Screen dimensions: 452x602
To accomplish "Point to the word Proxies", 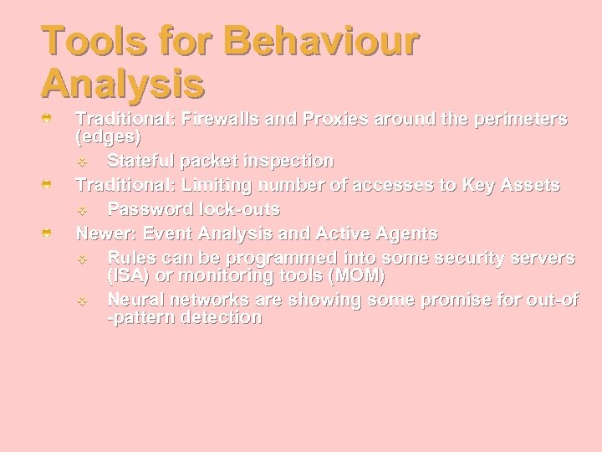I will [x=338, y=119].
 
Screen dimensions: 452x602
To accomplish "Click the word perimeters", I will [x=511, y=119].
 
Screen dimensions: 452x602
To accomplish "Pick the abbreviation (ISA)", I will [x=129, y=274].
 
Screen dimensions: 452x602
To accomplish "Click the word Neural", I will [x=135, y=299].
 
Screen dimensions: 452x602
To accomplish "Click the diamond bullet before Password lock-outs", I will [x=82, y=209].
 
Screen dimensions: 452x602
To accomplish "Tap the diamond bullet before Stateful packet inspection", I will [x=82, y=161].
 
